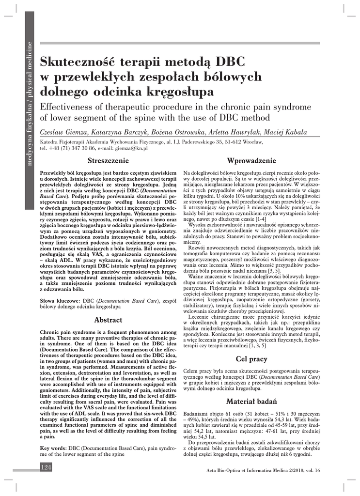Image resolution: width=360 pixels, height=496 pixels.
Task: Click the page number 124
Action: tap(46, 467)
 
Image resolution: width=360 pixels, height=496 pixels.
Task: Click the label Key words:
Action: tap(54, 449)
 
